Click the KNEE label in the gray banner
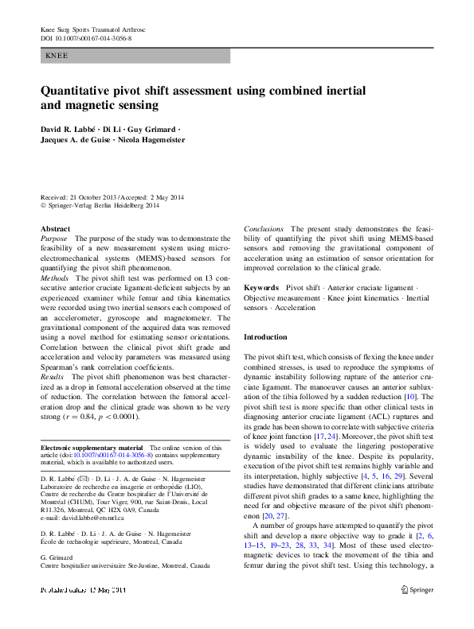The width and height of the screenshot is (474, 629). pos(57,56)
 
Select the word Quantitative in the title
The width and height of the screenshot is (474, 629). pos(84,91)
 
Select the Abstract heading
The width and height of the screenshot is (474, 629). pos(55,229)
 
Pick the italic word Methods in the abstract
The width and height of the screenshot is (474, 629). pos(55,279)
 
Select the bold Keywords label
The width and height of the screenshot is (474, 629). pos(261,287)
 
